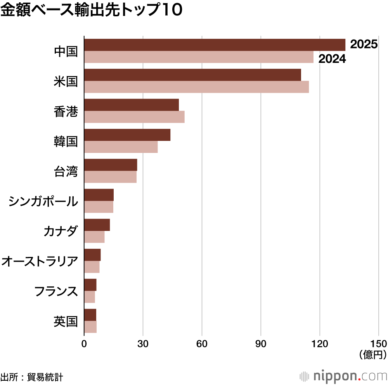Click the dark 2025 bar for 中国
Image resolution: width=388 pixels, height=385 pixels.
pos(214,45)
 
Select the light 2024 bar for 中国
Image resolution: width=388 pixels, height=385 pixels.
pos(198,57)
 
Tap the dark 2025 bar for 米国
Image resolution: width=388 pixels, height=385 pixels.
pos(192,75)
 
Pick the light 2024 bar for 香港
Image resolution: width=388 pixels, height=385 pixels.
pos(134,117)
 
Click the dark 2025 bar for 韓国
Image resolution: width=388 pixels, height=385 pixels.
pos(127,135)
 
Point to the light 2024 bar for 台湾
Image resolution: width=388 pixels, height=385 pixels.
pos(110,177)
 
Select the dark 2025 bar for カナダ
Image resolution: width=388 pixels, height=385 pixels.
pos(97,225)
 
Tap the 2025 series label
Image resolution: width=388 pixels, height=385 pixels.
pos(364,44)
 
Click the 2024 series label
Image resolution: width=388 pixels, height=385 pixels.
pos(332,59)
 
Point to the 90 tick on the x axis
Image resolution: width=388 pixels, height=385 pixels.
pos(261,344)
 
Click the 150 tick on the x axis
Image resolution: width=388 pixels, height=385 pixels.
pos(378,344)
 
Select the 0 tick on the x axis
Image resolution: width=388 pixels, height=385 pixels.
pos(84,344)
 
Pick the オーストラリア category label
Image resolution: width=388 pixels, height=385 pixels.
pos(40,261)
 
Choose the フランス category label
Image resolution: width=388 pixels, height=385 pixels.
pos(56,291)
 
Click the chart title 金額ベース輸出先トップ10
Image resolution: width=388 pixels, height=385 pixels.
pos(91,11)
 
